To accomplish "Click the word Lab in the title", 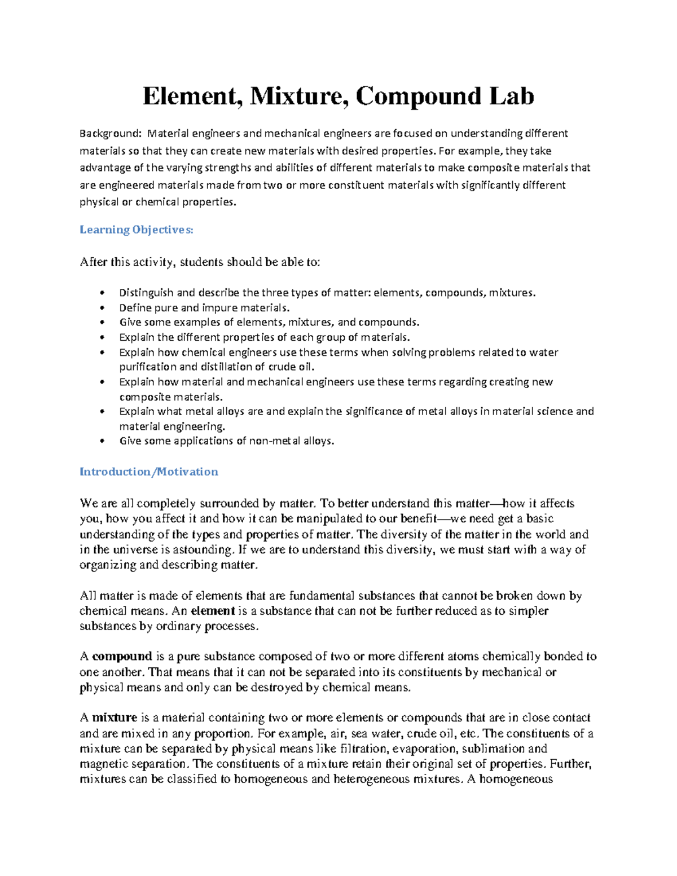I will click(511, 96).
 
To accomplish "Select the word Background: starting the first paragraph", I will click(111, 134).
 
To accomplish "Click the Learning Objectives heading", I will click(137, 230).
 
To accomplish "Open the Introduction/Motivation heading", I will click(149, 472).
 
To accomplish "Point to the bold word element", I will click(213, 611).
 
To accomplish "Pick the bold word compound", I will click(122, 657).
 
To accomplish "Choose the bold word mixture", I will click(115, 718).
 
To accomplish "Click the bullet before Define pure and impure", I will click(102, 308).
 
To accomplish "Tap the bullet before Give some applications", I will click(102, 441).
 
